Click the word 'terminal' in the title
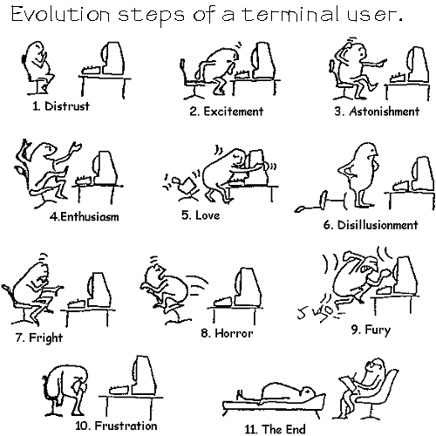291,14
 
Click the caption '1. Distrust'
61,106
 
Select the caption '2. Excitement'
227,111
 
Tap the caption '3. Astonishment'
377,111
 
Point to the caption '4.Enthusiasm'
85,216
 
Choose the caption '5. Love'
201,215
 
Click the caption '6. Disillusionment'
371,225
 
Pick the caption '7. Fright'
39,337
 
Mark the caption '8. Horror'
227,333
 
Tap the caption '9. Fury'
371,330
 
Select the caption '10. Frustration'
116,426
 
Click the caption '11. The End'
275,429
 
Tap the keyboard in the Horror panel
223,302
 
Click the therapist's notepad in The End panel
349,384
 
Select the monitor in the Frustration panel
144,375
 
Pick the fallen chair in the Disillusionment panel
320,201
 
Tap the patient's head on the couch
308,392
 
